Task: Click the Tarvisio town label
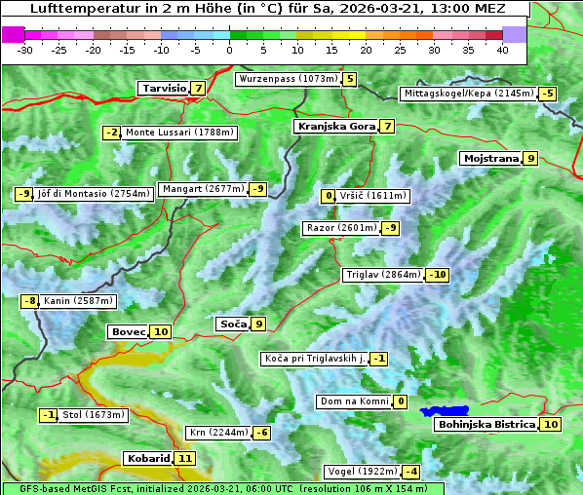tap(163, 88)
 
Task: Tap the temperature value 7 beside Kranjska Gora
tap(387, 126)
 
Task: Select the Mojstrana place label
tap(491, 158)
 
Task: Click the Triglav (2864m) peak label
tap(383, 275)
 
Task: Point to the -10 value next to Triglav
tap(438, 275)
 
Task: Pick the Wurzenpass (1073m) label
tap(289, 79)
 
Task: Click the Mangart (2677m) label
tap(203, 189)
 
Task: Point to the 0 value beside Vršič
tap(328, 196)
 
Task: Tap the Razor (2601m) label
tap(340, 228)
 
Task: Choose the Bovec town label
tap(128, 331)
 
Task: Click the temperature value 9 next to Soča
tap(258, 324)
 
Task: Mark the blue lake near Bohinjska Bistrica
tap(446, 412)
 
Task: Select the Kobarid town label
tap(148, 458)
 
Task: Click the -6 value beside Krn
tap(261, 433)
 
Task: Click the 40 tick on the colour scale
tap(502, 49)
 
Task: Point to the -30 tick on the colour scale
tap(25, 49)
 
